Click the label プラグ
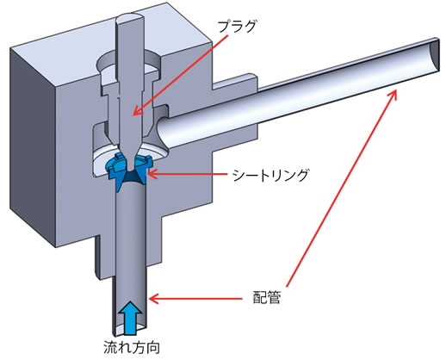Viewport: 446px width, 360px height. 237,27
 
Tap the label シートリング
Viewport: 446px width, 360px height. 271,175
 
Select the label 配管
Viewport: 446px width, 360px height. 266,297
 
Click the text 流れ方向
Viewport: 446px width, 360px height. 132,348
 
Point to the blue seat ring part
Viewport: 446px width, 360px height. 128,171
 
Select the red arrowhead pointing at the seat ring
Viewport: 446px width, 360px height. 152,174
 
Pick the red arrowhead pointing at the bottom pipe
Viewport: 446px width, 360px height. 153,299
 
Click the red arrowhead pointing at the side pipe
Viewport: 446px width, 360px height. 393,94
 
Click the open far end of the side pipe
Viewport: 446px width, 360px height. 434,55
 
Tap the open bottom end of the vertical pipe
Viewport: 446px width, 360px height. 131,330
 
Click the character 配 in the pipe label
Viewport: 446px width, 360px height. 259,297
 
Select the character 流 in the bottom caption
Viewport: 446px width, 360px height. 110,348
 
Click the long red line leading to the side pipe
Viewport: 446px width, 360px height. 341,188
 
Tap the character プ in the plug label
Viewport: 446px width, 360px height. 225,27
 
